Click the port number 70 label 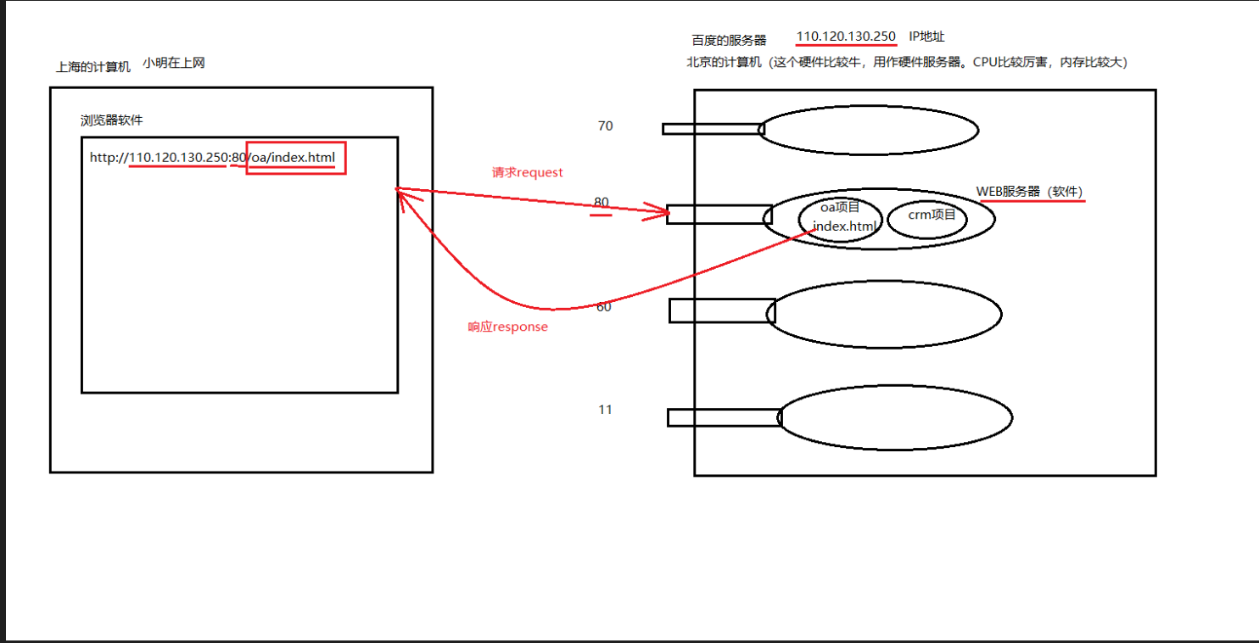click(x=605, y=126)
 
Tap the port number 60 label click(x=604, y=307)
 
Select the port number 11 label click(x=605, y=410)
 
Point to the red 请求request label click(x=527, y=172)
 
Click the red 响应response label click(x=507, y=327)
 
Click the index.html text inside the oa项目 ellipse click(x=844, y=226)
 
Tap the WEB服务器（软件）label click(x=1029, y=192)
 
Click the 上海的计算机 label click(x=93, y=67)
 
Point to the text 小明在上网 click(x=174, y=63)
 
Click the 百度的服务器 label click(x=729, y=40)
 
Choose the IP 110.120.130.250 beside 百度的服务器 click(x=846, y=36)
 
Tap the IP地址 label click(x=926, y=36)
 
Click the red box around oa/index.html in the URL click(x=296, y=158)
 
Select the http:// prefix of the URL click(x=109, y=158)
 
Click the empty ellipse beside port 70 click(x=868, y=130)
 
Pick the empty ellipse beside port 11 click(x=895, y=417)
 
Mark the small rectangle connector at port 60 click(x=722, y=310)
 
